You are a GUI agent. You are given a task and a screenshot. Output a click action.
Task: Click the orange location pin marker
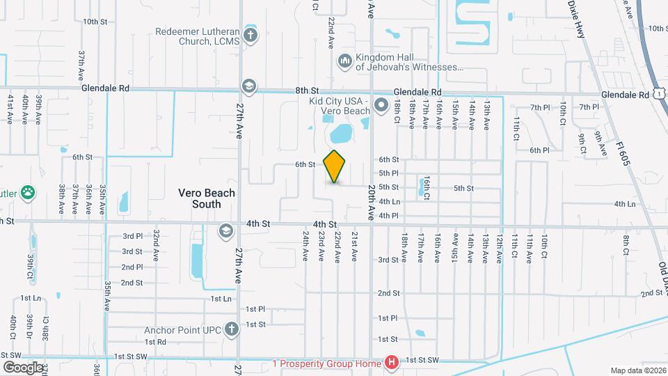tap(335, 166)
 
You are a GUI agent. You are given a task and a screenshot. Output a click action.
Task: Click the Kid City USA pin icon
tap(381, 105)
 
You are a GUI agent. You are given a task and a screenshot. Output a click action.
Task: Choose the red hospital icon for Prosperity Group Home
tap(392, 362)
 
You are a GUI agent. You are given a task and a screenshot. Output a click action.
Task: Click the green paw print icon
tap(28, 192)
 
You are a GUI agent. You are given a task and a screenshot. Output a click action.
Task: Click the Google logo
tap(22, 367)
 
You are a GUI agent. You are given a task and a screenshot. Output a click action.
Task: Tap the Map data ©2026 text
tap(638, 370)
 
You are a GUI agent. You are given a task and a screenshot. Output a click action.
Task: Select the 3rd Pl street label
tap(132, 236)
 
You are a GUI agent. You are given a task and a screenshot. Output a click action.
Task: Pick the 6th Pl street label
tap(539, 150)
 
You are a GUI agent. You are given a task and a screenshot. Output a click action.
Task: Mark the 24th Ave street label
tap(305, 246)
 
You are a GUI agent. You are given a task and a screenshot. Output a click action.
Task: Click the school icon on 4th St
tap(225, 230)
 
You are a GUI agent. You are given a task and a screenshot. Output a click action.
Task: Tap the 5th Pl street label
tap(388, 173)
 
